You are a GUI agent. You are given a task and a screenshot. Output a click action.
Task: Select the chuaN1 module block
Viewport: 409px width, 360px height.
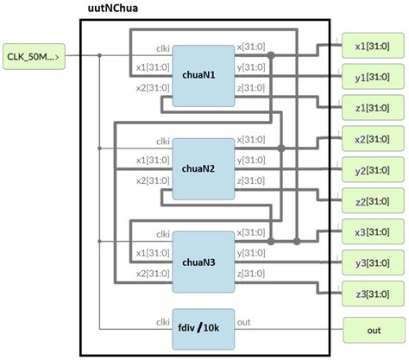point(204,75)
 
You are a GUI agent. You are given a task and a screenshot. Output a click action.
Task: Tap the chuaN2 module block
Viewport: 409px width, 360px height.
point(204,168)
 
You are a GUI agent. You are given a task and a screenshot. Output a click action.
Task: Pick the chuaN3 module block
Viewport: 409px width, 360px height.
point(204,262)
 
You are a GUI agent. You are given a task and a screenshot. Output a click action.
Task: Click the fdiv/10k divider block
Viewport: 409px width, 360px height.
point(204,328)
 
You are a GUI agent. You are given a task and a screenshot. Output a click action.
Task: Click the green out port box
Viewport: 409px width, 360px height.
point(373,329)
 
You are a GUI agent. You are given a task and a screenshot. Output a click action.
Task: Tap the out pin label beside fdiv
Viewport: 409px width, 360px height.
point(244,322)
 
